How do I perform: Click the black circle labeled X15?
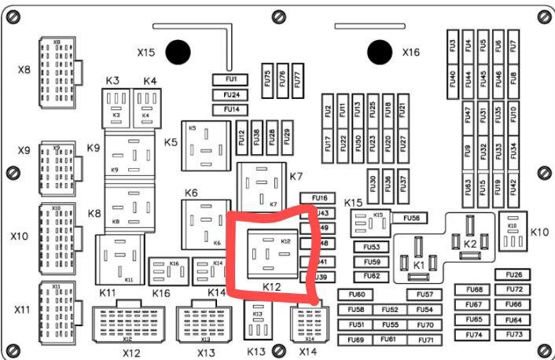179,53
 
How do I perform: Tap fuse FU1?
231,79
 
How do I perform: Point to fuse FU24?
231,94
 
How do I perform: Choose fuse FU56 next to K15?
410,217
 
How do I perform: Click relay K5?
206,145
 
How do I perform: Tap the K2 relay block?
470,237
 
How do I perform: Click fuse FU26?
514,275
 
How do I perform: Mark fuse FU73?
514,334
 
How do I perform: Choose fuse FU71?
426,340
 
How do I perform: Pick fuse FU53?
372,247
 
